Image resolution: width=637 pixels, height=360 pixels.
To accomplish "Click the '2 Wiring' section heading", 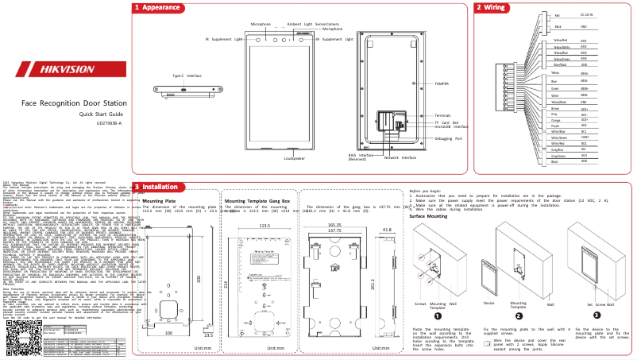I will point(490,7).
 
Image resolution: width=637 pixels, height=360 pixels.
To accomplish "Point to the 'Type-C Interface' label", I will point(187,75).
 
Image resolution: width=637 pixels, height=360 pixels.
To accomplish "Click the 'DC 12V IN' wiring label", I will point(588,15).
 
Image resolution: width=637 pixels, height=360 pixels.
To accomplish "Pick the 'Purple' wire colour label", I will point(555,126).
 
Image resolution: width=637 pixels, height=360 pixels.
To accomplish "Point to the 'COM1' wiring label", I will point(583,137).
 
